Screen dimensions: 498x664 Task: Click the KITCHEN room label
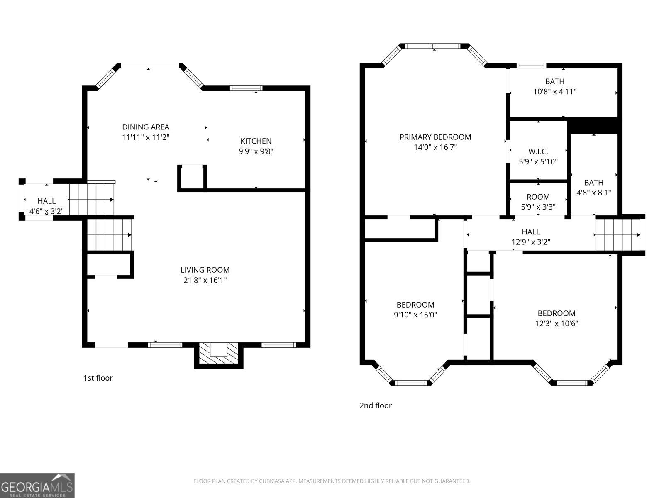(x=256, y=141)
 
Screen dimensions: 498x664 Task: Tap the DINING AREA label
(x=146, y=127)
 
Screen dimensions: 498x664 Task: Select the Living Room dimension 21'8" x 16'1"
(x=205, y=280)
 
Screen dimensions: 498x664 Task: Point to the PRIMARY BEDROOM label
(x=435, y=137)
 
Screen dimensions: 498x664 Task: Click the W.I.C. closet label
(x=538, y=151)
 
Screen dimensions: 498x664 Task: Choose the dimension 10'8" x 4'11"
(x=555, y=91)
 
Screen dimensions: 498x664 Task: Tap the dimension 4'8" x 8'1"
(x=593, y=193)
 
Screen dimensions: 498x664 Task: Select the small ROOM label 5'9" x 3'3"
(x=538, y=197)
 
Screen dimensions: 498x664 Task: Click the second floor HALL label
(x=531, y=232)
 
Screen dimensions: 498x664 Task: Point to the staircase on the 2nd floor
(x=618, y=235)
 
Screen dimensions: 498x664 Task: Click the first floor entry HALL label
(x=46, y=201)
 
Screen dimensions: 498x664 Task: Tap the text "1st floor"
(x=98, y=378)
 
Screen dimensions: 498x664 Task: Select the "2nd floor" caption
(x=375, y=405)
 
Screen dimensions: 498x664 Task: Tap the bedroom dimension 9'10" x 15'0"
(x=415, y=315)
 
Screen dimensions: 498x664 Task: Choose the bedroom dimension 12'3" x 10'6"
(x=557, y=324)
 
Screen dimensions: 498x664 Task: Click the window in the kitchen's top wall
(x=246, y=88)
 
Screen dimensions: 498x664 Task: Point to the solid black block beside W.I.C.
(x=593, y=126)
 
